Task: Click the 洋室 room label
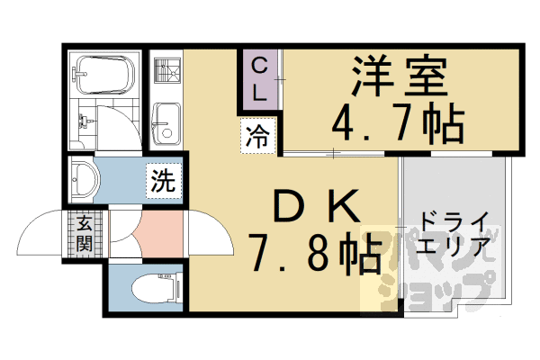(400, 77)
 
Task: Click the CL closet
(259, 78)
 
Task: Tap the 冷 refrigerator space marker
(257, 138)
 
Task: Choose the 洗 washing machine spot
(162, 179)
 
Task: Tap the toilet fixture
(148, 287)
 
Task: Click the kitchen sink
(165, 122)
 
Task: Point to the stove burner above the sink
(164, 69)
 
